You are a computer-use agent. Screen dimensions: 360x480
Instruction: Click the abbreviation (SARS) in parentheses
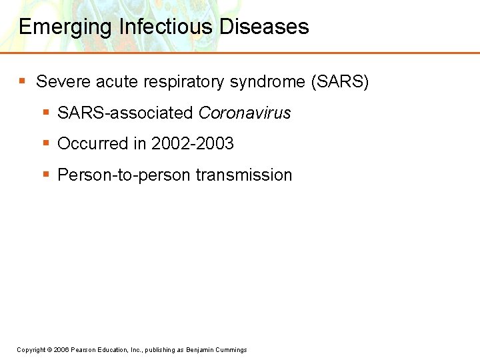coord(340,82)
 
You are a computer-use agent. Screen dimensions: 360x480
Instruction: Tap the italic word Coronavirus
coord(245,113)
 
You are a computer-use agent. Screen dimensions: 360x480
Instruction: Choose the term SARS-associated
coord(125,113)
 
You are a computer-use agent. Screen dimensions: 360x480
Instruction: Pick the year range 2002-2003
coord(193,144)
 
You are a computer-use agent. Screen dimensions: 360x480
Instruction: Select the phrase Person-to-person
coord(124,175)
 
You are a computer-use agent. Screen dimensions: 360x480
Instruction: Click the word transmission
coord(244,175)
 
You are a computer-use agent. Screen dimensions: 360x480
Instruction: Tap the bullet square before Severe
coord(23,81)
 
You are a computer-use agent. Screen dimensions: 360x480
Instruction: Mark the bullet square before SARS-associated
coord(46,113)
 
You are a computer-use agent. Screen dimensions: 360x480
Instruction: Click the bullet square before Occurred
coord(46,143)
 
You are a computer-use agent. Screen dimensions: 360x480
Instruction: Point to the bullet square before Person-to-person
coord(46,175)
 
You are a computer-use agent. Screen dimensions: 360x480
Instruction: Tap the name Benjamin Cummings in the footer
coord(217,350)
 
